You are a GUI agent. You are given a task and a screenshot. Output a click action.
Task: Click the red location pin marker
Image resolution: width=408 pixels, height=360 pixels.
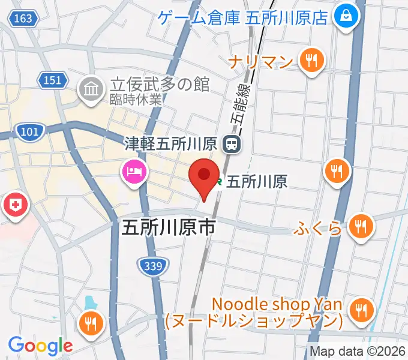pos(203,175)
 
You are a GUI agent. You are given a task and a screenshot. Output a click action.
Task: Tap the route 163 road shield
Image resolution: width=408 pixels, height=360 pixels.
pos(22,19)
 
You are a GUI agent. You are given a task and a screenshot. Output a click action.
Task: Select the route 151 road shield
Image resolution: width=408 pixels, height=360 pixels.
pos(52,80)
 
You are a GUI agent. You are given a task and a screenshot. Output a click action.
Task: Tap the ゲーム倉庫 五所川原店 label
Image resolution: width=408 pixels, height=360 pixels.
pos(244,17)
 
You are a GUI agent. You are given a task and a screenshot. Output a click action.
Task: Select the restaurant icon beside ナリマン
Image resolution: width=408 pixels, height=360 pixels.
pos(311,61)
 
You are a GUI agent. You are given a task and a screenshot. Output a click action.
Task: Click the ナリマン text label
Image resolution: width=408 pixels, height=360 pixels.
pos(262,61)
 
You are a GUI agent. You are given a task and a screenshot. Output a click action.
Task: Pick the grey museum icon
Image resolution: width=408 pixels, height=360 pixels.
pos(91,90)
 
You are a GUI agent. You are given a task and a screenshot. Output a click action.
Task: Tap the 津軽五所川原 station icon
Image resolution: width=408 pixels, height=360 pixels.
pos(230,143)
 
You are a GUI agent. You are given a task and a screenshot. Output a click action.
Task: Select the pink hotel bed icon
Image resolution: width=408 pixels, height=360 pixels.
pos(133,172)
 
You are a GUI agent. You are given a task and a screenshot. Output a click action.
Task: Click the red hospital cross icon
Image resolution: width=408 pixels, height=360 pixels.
pos(16,206)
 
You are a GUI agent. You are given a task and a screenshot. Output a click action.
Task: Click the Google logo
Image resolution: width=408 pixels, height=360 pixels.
pos(40,346)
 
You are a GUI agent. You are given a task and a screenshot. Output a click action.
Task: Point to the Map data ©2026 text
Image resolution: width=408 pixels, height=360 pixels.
pos(356,352)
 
